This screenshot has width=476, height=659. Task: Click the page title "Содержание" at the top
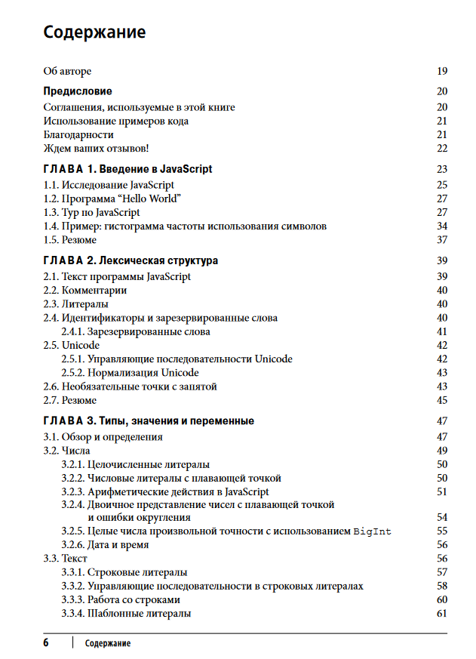coord(94,32)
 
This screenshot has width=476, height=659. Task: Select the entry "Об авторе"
coord(67,71)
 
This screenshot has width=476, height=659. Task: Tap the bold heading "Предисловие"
coord(78,91)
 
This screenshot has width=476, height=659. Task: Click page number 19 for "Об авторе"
coord(442,71)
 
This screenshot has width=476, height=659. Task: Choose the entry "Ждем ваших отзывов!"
coord(97,148)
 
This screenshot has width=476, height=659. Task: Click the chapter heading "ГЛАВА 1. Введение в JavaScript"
coord(127,169)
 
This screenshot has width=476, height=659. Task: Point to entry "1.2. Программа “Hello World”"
coord(112,199)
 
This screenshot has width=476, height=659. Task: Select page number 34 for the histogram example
coord(442,226)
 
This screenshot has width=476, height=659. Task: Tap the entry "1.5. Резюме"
coord(69,240)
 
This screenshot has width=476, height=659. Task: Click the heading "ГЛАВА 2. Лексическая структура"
coord(131,260)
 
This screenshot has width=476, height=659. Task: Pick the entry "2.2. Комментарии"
coord(84,290)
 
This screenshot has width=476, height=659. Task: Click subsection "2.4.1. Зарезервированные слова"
coord(135,331)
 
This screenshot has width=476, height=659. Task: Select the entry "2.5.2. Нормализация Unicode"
coord(130,373)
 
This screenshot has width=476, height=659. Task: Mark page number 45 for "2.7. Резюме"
coord(442,400)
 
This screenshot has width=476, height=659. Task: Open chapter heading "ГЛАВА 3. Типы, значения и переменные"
coord(149,420)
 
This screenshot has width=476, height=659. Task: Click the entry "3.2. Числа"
coord(66,451)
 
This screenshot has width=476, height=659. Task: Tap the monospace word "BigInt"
coord(373,531)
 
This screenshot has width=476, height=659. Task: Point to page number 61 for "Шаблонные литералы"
coord(442,614)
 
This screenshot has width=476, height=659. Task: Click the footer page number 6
coord(46,643)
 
